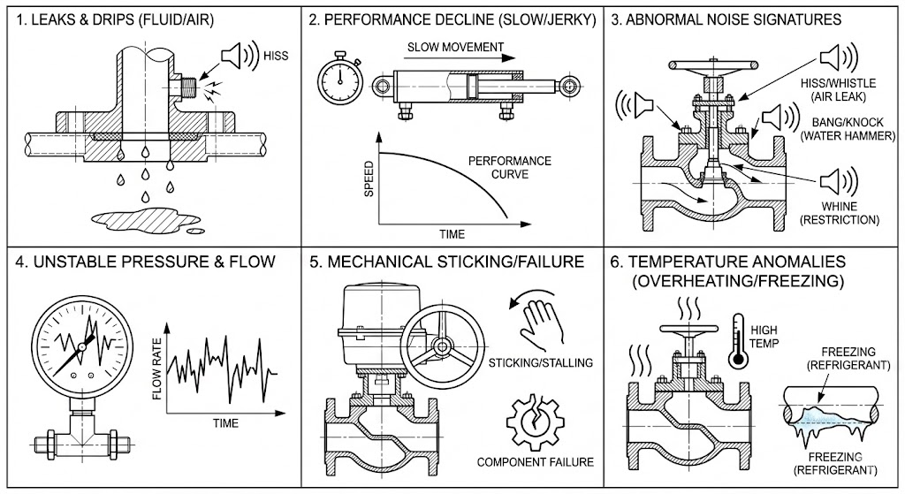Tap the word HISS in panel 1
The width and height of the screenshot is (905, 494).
[277, 55]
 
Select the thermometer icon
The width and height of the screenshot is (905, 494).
[736, 341]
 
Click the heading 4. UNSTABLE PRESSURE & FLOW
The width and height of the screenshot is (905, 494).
[144, 262]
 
